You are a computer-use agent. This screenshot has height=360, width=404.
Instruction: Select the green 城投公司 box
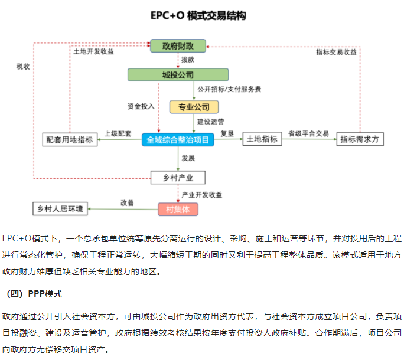click(178, 75)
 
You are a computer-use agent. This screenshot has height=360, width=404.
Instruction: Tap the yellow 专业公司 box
click(194, 107)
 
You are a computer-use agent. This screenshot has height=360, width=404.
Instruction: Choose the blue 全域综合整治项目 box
click(178, 140)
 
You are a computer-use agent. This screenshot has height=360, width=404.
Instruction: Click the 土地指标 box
click(262, 139)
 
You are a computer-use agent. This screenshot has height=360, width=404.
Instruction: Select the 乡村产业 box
click(178, 177)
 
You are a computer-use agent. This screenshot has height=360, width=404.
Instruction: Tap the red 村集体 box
click(178, 209)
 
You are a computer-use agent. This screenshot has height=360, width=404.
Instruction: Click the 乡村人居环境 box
click(60, 209)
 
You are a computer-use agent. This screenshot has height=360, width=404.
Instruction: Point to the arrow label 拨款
click(188, 60)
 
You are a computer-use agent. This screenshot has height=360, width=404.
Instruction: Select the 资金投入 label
click(141, 106)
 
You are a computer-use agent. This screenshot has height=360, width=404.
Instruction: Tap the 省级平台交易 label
click(308, 133)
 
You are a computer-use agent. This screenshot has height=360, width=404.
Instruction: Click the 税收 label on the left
click(23, 66)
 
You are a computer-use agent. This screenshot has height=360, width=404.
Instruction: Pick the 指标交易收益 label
click(336, 51)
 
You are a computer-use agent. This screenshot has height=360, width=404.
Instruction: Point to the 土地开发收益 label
click(93, 51)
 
